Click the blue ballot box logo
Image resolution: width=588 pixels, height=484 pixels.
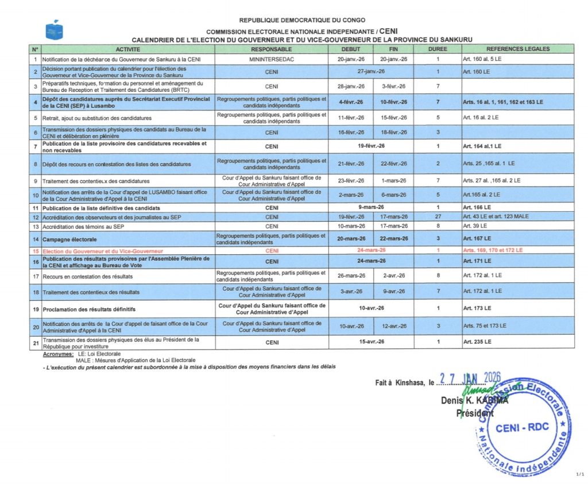54,30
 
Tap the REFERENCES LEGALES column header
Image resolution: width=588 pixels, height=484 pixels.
517,49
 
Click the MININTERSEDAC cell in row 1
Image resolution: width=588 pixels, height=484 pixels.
272,59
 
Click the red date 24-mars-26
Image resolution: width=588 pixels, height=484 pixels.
371,251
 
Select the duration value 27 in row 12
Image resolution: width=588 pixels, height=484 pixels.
438,216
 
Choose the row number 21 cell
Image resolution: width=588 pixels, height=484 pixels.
35,342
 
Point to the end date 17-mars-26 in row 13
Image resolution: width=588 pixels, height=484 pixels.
393,226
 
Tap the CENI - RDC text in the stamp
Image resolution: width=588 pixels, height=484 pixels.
522,427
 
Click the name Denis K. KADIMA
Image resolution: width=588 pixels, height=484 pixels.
474,401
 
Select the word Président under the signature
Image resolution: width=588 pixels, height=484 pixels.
475,413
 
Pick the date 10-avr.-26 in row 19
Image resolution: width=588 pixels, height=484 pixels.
371,308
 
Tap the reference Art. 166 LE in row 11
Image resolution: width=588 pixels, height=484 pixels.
477,207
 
